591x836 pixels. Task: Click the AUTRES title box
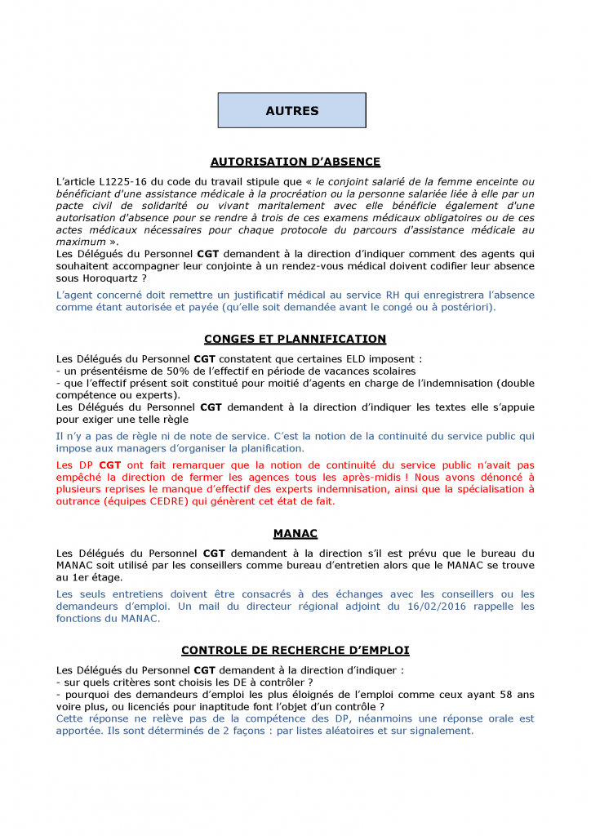pyautogui.click(x=291, y=111)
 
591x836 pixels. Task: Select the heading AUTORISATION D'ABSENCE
pyautogui.click(x=295, y=162)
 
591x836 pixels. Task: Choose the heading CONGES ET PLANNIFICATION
pyautogui.click(x=295, y=339)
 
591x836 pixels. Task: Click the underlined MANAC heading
pyautogui.click(x=295, y=534)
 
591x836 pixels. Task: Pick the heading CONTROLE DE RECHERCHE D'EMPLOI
pyautogui.click(x=295, y=651)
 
